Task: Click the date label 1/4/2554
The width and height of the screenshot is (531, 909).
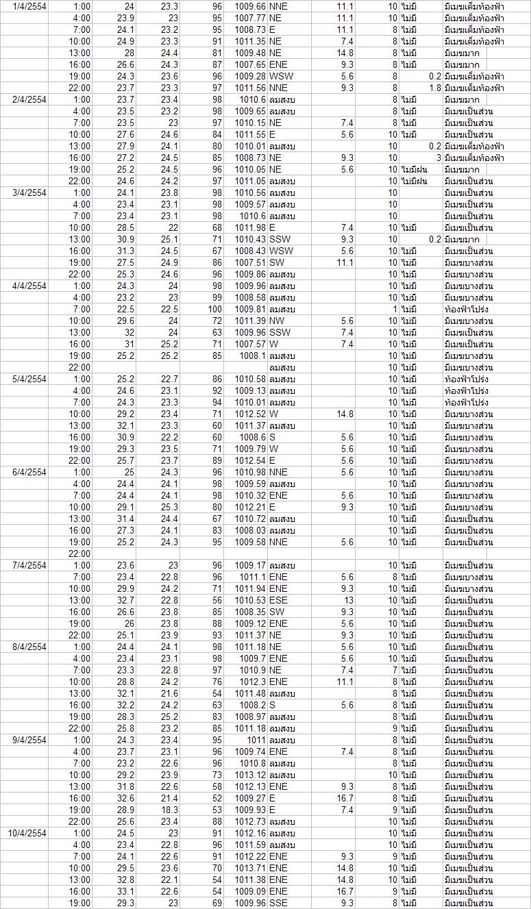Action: (x=29, y=6)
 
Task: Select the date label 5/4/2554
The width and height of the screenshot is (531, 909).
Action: (x=29, y=379)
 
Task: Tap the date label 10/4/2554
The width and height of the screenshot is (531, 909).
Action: (x=27, y=833)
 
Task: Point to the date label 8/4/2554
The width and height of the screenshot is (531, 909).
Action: (x=29, y=647)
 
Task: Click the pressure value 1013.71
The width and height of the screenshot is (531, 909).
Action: (x=250, y=868)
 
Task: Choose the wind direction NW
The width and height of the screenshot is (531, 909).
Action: (x=277, y=321)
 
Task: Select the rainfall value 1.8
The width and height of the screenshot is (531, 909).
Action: (x=434, y=88)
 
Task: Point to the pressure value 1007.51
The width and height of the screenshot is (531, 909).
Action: (x=250, y=262)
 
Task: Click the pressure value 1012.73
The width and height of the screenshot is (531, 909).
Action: (x=250, y=821)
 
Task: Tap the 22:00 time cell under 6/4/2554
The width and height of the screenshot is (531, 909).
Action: (x=79, y=553)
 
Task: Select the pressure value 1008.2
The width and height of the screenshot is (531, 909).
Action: (x=254, y=705)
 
